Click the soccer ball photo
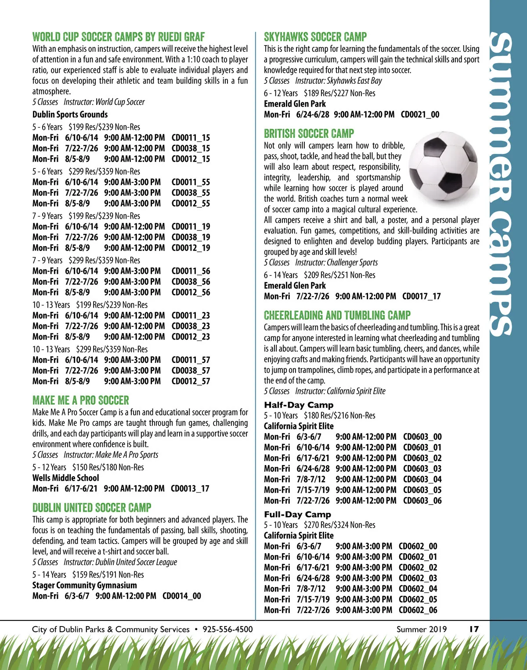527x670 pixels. coord(443,166)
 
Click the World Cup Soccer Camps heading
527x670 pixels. coord(119,37)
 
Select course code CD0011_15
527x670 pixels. coord(191,138)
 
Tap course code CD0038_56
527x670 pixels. coord(191,282)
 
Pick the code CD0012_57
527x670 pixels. coord(191,381)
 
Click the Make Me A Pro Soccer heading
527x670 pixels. coord(81,400)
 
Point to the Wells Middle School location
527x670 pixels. coord(66,478)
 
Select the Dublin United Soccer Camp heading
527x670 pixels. coord(92,508)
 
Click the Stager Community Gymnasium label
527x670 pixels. coord(84,585)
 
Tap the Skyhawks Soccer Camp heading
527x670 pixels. coord(315,37)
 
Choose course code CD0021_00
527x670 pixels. coord(420,115)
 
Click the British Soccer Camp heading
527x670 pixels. coord(309,133)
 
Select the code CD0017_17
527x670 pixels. coord(421,296)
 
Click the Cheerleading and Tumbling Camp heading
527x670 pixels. coord(337,315)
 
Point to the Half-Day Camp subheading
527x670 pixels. coord(299,405)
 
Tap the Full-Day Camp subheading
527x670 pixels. coord(297,514)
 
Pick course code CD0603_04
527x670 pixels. coord(422,480)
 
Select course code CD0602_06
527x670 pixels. coord(418,610)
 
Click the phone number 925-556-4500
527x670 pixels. coord(227,629)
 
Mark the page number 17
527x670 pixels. coord(474,629)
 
